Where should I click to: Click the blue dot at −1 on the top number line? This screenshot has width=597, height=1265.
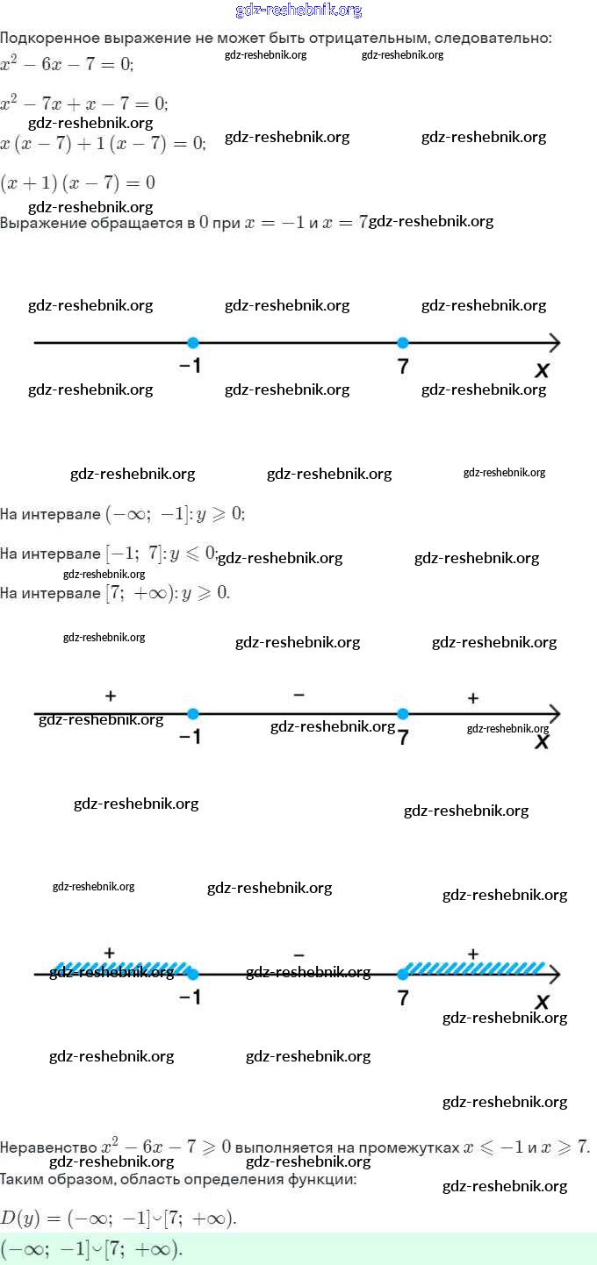(x=193, y=343)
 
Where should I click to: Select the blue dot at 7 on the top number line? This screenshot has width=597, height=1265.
(x=403, y=343)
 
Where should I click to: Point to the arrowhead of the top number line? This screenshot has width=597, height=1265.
(x=554, y=343)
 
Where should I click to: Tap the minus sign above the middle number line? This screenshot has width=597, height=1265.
(x=299, y=695)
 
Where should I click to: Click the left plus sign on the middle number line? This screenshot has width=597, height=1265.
(x=111, y=696)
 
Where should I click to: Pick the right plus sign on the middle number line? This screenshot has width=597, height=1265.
(x=473, y=698)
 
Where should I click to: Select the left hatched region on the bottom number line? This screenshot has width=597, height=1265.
(x=119, y=968)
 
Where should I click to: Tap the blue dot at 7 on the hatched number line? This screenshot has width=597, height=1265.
(x=403, y=974)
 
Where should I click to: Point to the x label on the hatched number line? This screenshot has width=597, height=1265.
(x=542, y=1002)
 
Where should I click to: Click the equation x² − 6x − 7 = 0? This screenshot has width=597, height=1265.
(x=67, y=64)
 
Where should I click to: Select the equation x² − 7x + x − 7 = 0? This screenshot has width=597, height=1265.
(x=84, y=104)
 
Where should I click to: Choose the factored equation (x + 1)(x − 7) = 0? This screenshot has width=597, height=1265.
(x=78, y=182)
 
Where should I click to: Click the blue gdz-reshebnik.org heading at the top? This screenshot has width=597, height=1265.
(x=298, y=11)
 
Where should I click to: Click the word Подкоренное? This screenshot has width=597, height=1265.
(x=47, y=39)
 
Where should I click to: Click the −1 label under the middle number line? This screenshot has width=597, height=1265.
(x=190, y=737)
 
